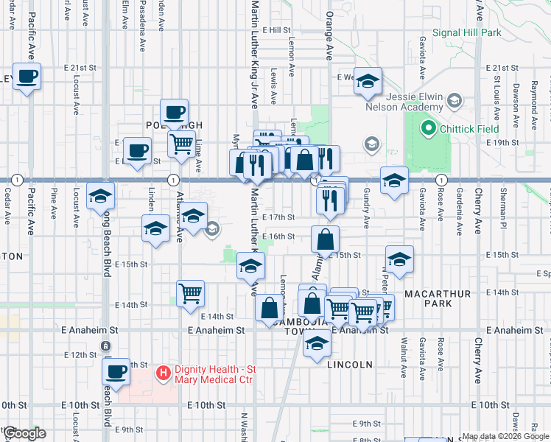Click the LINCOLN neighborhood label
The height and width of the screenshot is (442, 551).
tap(353, 365)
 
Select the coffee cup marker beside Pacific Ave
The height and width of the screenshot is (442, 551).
tap(27, 77)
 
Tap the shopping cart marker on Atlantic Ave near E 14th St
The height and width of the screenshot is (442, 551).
tap(191, 293)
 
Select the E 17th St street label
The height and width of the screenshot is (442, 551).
tap(280, 217)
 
